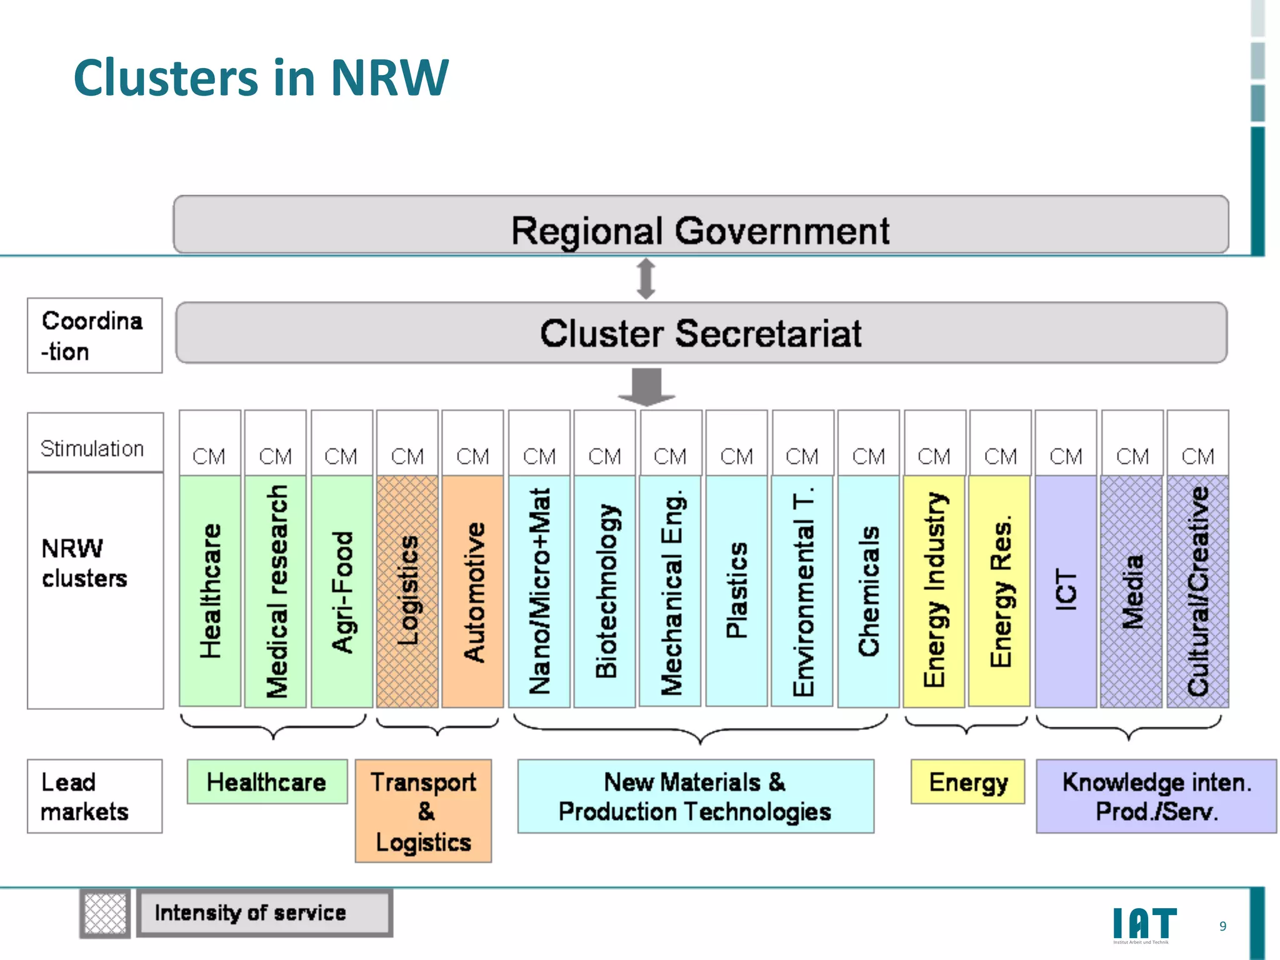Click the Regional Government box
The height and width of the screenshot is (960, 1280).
(x=700, y=225)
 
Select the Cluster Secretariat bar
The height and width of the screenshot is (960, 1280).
(x=700, y=332)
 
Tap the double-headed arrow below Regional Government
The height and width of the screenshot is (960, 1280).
(x=646, y=279)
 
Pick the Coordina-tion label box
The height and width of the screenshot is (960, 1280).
(x=94, y=336)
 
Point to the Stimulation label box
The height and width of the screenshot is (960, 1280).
(x=95, y=442)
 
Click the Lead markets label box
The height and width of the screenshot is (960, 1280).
(x=94, y=796)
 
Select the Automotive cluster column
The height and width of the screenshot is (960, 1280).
(x=472, y=591)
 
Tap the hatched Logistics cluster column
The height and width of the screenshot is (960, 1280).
(x=407, y=591)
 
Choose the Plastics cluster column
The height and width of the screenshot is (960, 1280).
(x=736, y=591)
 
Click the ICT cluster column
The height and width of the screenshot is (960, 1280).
(x=1066, y=591)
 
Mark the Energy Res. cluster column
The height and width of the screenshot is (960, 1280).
(x=999, y=591)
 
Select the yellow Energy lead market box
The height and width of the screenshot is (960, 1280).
(x=967, y=781)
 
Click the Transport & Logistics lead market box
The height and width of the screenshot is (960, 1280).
(x=423, y=811)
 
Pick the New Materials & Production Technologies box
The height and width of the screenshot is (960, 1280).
(x=696, y=796)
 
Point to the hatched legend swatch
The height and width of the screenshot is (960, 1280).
(x=105, y=913)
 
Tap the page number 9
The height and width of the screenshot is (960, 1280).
(x=1223, y=926)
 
